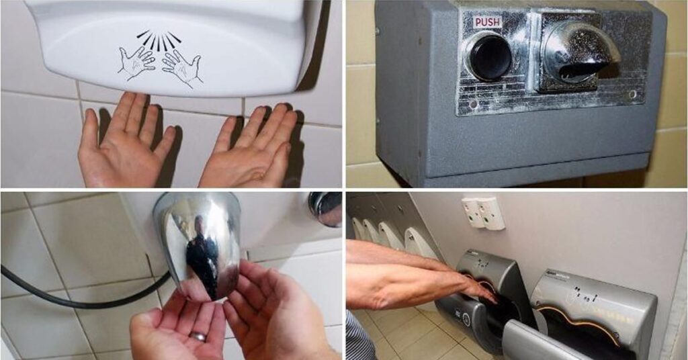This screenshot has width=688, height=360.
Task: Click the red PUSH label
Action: pyautogui.click(x=488, y=22)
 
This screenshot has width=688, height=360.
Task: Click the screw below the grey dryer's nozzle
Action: pyautogui.click(x=631, y=95)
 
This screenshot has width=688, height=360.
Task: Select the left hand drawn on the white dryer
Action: pyautogui.click(x=136, y=63)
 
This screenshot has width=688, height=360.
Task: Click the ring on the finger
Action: pyautogui.click(x=198, y=336)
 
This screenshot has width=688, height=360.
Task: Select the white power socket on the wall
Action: pyautogui.click(x=482, y=213)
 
